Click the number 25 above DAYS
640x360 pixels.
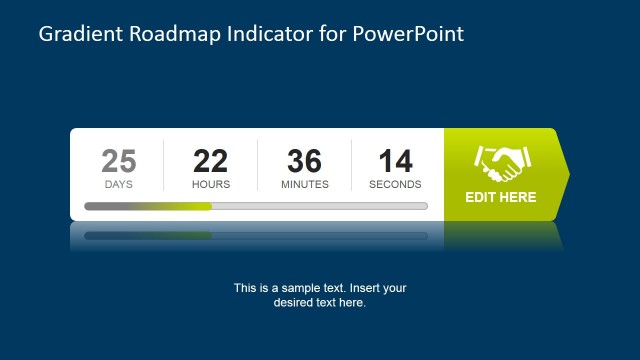[119, 161]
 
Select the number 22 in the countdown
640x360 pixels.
[211, 161]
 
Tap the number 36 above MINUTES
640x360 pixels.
[305, 161]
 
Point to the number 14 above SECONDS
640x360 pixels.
[395, 161]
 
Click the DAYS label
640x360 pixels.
[119, 184]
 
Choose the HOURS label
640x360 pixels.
[211, 184]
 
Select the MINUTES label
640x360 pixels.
[305, 184]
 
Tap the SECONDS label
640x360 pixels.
[395, 184]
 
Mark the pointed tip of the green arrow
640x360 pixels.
[568, 175]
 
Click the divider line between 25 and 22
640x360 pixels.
[164, 165]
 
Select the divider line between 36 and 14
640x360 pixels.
[352, 165]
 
